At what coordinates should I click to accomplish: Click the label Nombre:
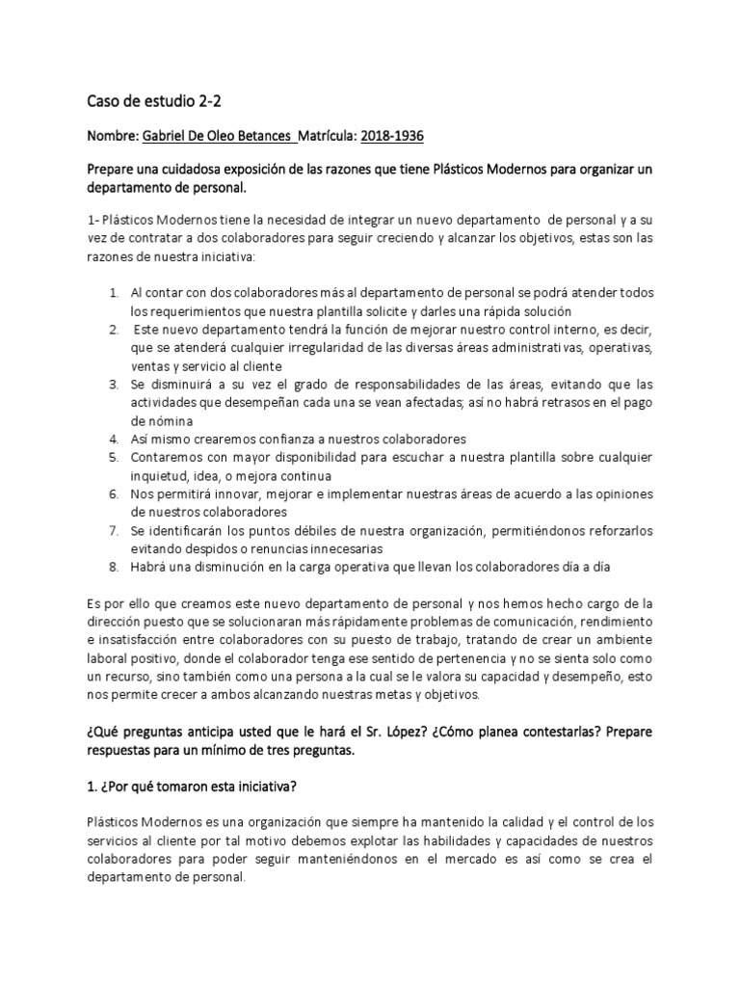pos(113,136)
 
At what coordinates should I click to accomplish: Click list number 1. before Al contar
pos(113,293)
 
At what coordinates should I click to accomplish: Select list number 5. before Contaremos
pos(113,458)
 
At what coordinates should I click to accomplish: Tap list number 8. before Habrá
pos(113,568)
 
